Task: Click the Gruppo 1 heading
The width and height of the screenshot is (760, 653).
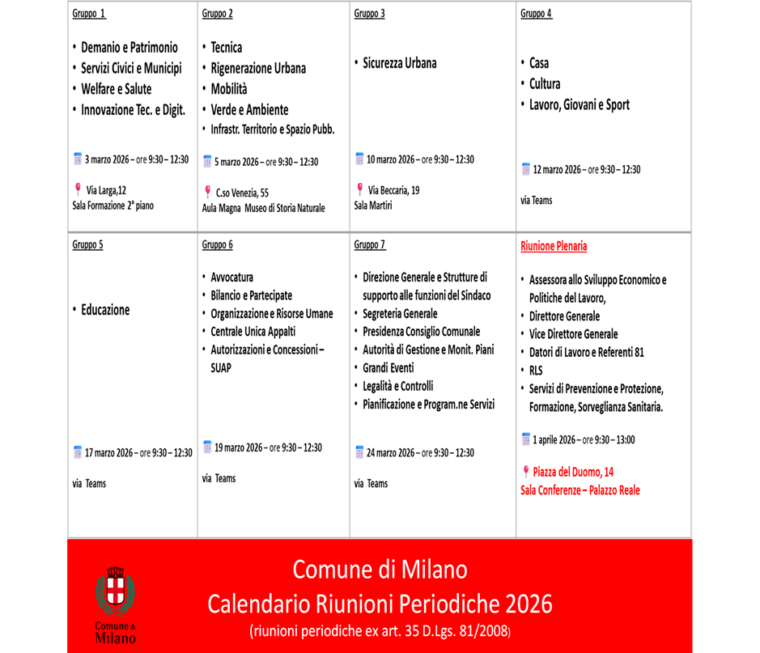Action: click(89, 14)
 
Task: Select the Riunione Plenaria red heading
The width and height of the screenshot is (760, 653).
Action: click(554, 246)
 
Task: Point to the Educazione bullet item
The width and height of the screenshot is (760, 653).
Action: click(105, 310)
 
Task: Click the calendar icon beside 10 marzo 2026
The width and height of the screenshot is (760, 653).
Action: click(359, 159)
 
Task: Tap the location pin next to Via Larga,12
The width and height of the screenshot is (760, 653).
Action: click(78, 189)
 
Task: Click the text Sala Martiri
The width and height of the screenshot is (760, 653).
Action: click(373, 206)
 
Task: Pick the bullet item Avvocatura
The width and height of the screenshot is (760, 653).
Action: click(231, 277)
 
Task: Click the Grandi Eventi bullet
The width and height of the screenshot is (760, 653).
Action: click(388, 367)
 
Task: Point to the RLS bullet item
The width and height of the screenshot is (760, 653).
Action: click(536, 371)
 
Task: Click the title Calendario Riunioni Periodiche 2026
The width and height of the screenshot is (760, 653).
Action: click(380, 603)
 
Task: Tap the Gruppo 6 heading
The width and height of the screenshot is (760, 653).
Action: click(217, 244)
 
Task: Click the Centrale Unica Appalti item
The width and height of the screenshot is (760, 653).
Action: click(253, 332)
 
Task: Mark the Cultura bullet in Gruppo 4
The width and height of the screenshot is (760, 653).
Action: click(545, 84)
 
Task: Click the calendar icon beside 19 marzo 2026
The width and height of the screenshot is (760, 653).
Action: click(207, 447)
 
